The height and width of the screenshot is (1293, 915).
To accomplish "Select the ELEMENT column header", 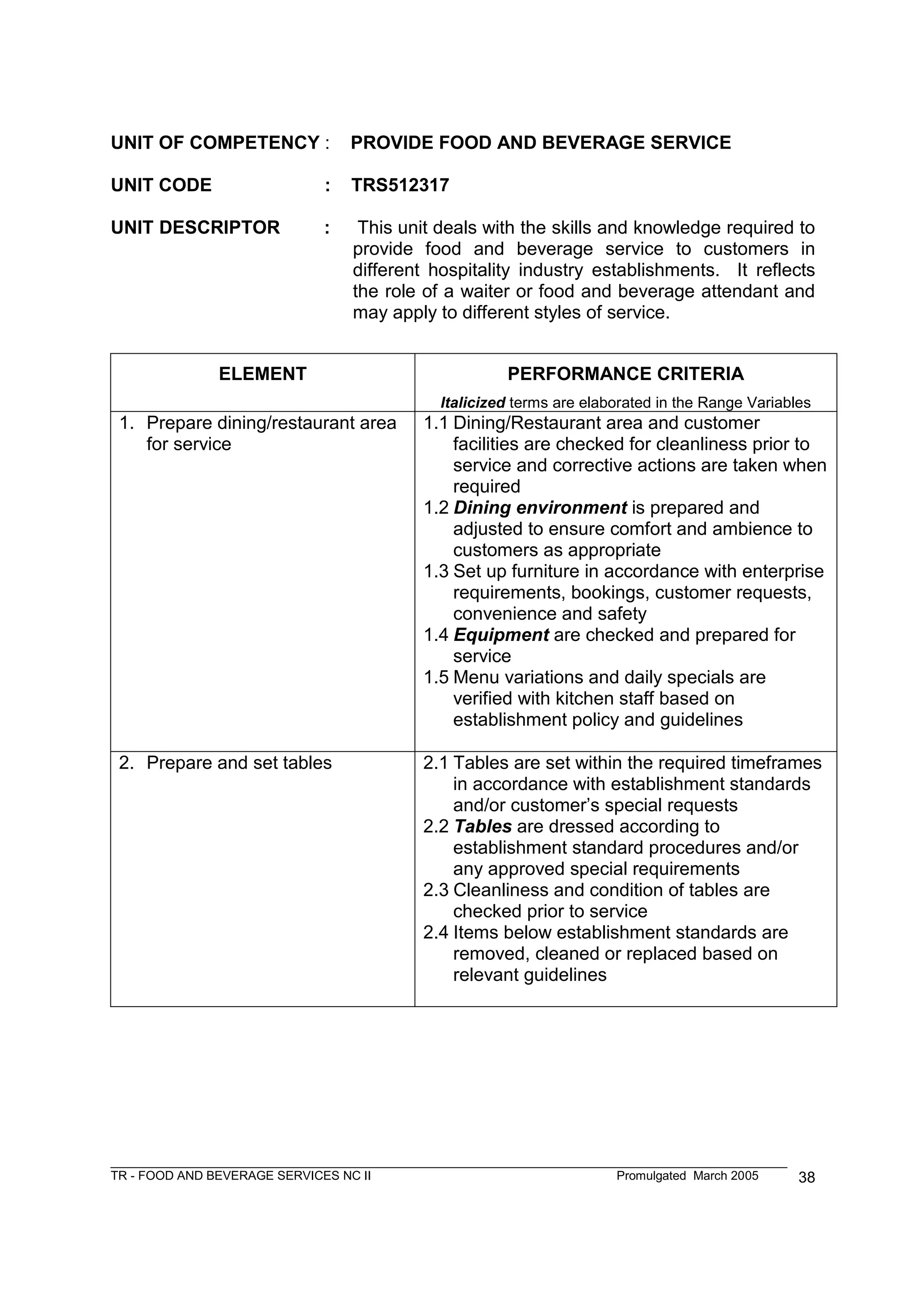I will click(x=263, y=374).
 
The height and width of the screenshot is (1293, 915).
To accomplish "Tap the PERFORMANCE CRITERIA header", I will click(x=625, y=374).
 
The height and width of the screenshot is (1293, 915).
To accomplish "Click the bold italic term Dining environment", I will click(x=540, y=508).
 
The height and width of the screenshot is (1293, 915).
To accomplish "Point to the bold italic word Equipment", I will click(x=501, y=635).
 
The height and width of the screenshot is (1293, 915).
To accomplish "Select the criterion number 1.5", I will click(x=436, y=678).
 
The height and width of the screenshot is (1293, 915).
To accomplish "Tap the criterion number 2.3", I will click(x=436, y=890).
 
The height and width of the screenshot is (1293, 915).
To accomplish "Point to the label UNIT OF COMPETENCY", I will click(x=215, y=142).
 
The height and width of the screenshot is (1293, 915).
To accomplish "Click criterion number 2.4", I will click(x=436, y=933).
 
